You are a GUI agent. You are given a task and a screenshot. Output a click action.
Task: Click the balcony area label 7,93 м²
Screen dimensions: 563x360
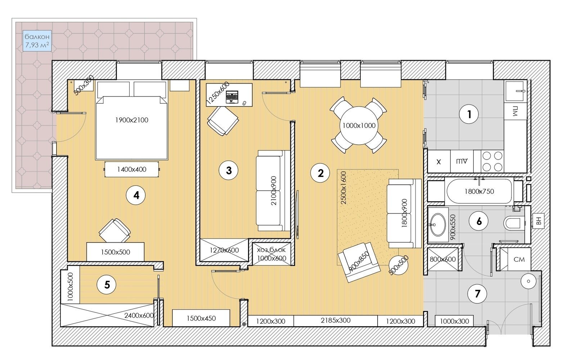(37, 45)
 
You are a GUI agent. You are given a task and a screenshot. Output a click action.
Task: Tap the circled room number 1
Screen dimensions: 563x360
(469, 114)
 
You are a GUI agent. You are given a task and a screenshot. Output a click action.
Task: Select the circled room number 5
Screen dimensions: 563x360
(107, 285)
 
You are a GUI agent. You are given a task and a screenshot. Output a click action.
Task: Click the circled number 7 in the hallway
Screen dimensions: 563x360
(477, 293)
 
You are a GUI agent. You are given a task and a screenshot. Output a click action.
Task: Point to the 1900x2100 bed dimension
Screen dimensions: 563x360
(132, 120)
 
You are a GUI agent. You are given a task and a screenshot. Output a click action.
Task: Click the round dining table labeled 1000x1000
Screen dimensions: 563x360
(359, 125)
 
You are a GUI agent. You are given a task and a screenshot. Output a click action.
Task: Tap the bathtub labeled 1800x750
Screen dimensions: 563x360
(479, 191)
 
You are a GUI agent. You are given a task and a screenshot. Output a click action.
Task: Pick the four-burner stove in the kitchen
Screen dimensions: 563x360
(492, 161)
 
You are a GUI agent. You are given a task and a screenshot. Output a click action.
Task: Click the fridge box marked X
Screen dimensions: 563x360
(439, 161)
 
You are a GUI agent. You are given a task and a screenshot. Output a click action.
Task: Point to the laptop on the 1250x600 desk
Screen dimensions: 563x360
(232, 97)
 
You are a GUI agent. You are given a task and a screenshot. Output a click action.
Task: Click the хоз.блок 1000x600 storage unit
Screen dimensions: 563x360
(271, 254)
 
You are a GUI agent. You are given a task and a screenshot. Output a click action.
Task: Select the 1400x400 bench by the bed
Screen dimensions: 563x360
(132, 169)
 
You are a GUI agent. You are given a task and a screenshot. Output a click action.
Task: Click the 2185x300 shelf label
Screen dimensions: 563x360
(335, 320)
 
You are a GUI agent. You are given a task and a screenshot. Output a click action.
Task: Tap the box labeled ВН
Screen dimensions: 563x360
(539, 221)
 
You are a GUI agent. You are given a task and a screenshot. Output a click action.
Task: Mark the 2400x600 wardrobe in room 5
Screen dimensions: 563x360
(107, 315)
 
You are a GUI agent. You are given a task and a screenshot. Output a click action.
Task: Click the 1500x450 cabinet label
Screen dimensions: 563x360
(201, 318)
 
